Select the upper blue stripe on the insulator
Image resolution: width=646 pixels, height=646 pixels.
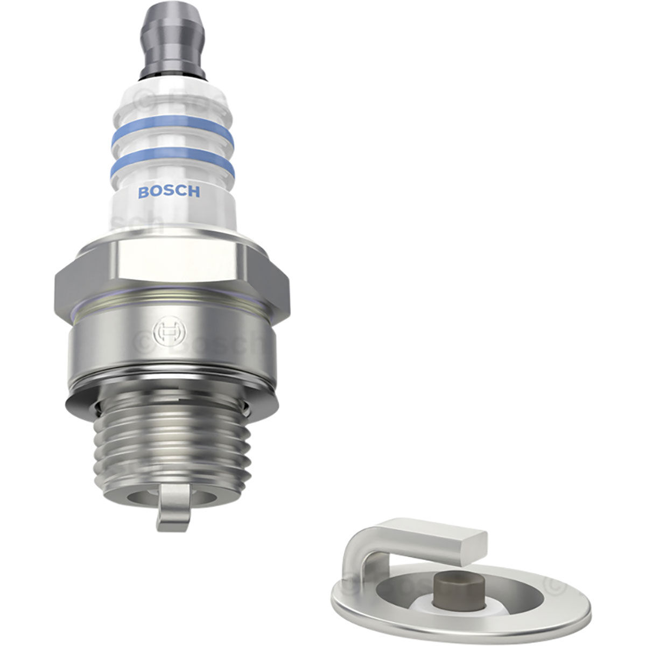tap(172, 126)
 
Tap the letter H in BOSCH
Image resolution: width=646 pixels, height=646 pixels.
tap(194, 192)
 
